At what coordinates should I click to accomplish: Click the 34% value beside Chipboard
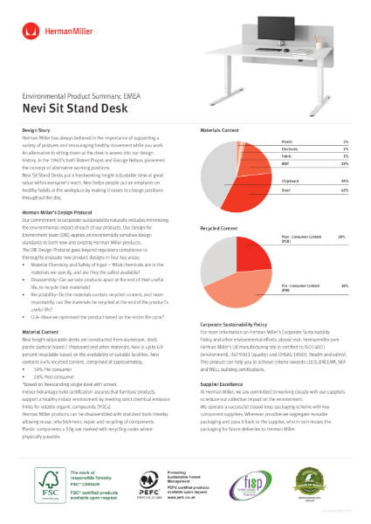(344, 173)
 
